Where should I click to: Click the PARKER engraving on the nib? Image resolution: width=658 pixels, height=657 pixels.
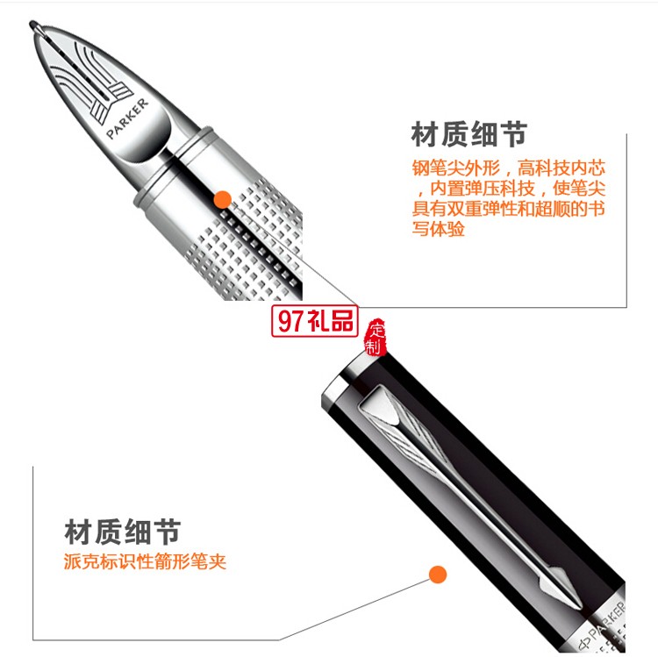pyautogui.click(x=127, y=118)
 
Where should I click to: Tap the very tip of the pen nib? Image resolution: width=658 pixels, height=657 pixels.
pyautogui.click(x=32, y=23)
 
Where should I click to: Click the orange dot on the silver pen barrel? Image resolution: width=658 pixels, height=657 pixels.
pyautogui.click(x=223, y=199)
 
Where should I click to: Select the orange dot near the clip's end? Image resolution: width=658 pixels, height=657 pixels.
pyautogui.click(x=438, y=575)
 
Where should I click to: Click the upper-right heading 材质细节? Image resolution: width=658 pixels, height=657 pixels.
pyautogui.click(x=469, y=134)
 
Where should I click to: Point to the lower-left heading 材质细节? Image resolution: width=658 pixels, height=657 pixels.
pyautogui.click(x=123, y=532)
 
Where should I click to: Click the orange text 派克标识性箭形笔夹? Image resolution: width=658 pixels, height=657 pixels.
pyautogui.click(x=145, y=561)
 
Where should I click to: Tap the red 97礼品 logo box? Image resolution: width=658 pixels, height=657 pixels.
pyautogui.click(x=315, y=321)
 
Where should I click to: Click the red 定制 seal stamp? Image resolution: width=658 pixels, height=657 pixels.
pyautogui.click(x=375, y=338)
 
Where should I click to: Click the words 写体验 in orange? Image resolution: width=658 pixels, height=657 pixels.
pyautogui.click(x=439, y=229)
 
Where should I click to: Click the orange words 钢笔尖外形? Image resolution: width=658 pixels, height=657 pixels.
pyautogui.click(x=456, y=168)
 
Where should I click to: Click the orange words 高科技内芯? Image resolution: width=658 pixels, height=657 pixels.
pyautogui.click(x=561, y=168)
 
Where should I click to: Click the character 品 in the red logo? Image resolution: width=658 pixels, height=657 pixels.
pyautogui.click(x=342, y=321)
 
